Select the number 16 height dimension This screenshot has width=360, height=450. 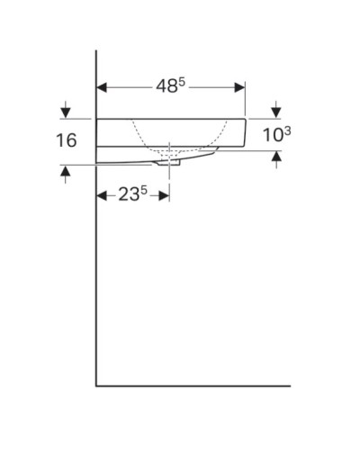coord(65,140)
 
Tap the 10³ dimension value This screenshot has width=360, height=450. coord(275,135)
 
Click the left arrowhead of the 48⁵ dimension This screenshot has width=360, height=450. coord(102,87)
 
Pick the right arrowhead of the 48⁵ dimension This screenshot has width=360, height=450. coord(239,87)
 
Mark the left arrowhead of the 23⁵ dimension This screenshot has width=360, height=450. coord(102,195)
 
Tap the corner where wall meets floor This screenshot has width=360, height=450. coord(96,385)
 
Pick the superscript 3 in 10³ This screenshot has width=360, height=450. coord(287,130)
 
